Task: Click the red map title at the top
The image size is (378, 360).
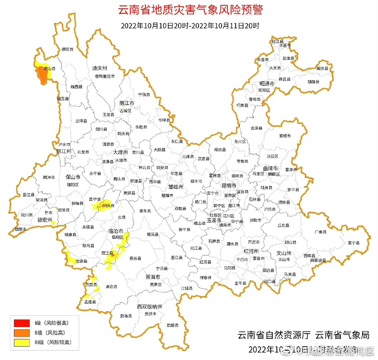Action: (190, 9)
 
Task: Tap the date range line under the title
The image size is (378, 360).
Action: (190, 26)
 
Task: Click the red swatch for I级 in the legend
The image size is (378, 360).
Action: (22, 323)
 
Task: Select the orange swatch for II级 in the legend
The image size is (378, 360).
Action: (22, 333)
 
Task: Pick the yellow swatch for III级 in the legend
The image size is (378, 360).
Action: (22, 342)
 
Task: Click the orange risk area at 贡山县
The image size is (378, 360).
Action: (43, 74)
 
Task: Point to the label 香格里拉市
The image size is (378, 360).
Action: (105, 76)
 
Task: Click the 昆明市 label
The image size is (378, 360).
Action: (229, 185)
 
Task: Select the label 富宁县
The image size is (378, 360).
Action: (354, 243)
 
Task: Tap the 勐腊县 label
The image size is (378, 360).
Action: (173, 325)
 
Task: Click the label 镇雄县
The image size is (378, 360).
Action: (313, 82)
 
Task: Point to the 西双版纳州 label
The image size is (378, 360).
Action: (150, 307)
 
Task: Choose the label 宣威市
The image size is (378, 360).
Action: (285, 136)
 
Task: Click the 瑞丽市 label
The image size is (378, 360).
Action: (20, 229)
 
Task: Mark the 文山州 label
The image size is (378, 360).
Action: (284, 253)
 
